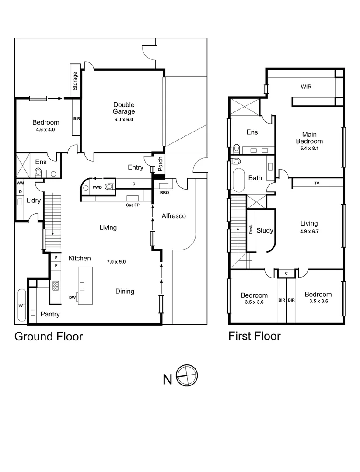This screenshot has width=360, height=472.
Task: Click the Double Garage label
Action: (124, 108)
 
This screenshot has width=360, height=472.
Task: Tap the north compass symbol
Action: (187, 375)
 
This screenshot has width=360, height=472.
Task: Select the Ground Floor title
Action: (49, 337)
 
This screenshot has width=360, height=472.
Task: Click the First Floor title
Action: (255, 336)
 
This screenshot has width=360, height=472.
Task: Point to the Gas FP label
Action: (133, 205)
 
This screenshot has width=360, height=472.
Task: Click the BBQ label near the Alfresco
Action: (164, 193)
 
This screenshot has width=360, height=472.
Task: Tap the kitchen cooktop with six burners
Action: (56, 286)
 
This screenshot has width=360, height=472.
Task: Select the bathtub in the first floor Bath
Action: (239, 180)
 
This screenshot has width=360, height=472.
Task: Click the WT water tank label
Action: (22, 305)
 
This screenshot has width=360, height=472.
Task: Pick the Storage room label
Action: (75, 81)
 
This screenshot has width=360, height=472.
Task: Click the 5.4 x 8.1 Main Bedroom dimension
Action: (309, 149)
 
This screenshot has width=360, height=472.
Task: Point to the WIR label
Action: (306, 87)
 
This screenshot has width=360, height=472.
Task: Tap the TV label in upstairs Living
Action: (317, 183)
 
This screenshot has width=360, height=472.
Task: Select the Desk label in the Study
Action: (251, 229)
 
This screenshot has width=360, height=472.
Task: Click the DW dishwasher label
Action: (72, 298)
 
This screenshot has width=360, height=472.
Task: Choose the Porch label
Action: (160, 164)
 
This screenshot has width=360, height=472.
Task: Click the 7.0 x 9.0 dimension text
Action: (116, 262)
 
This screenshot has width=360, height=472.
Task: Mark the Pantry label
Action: (50, 314)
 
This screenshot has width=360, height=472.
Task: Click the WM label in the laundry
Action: (20, 183)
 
